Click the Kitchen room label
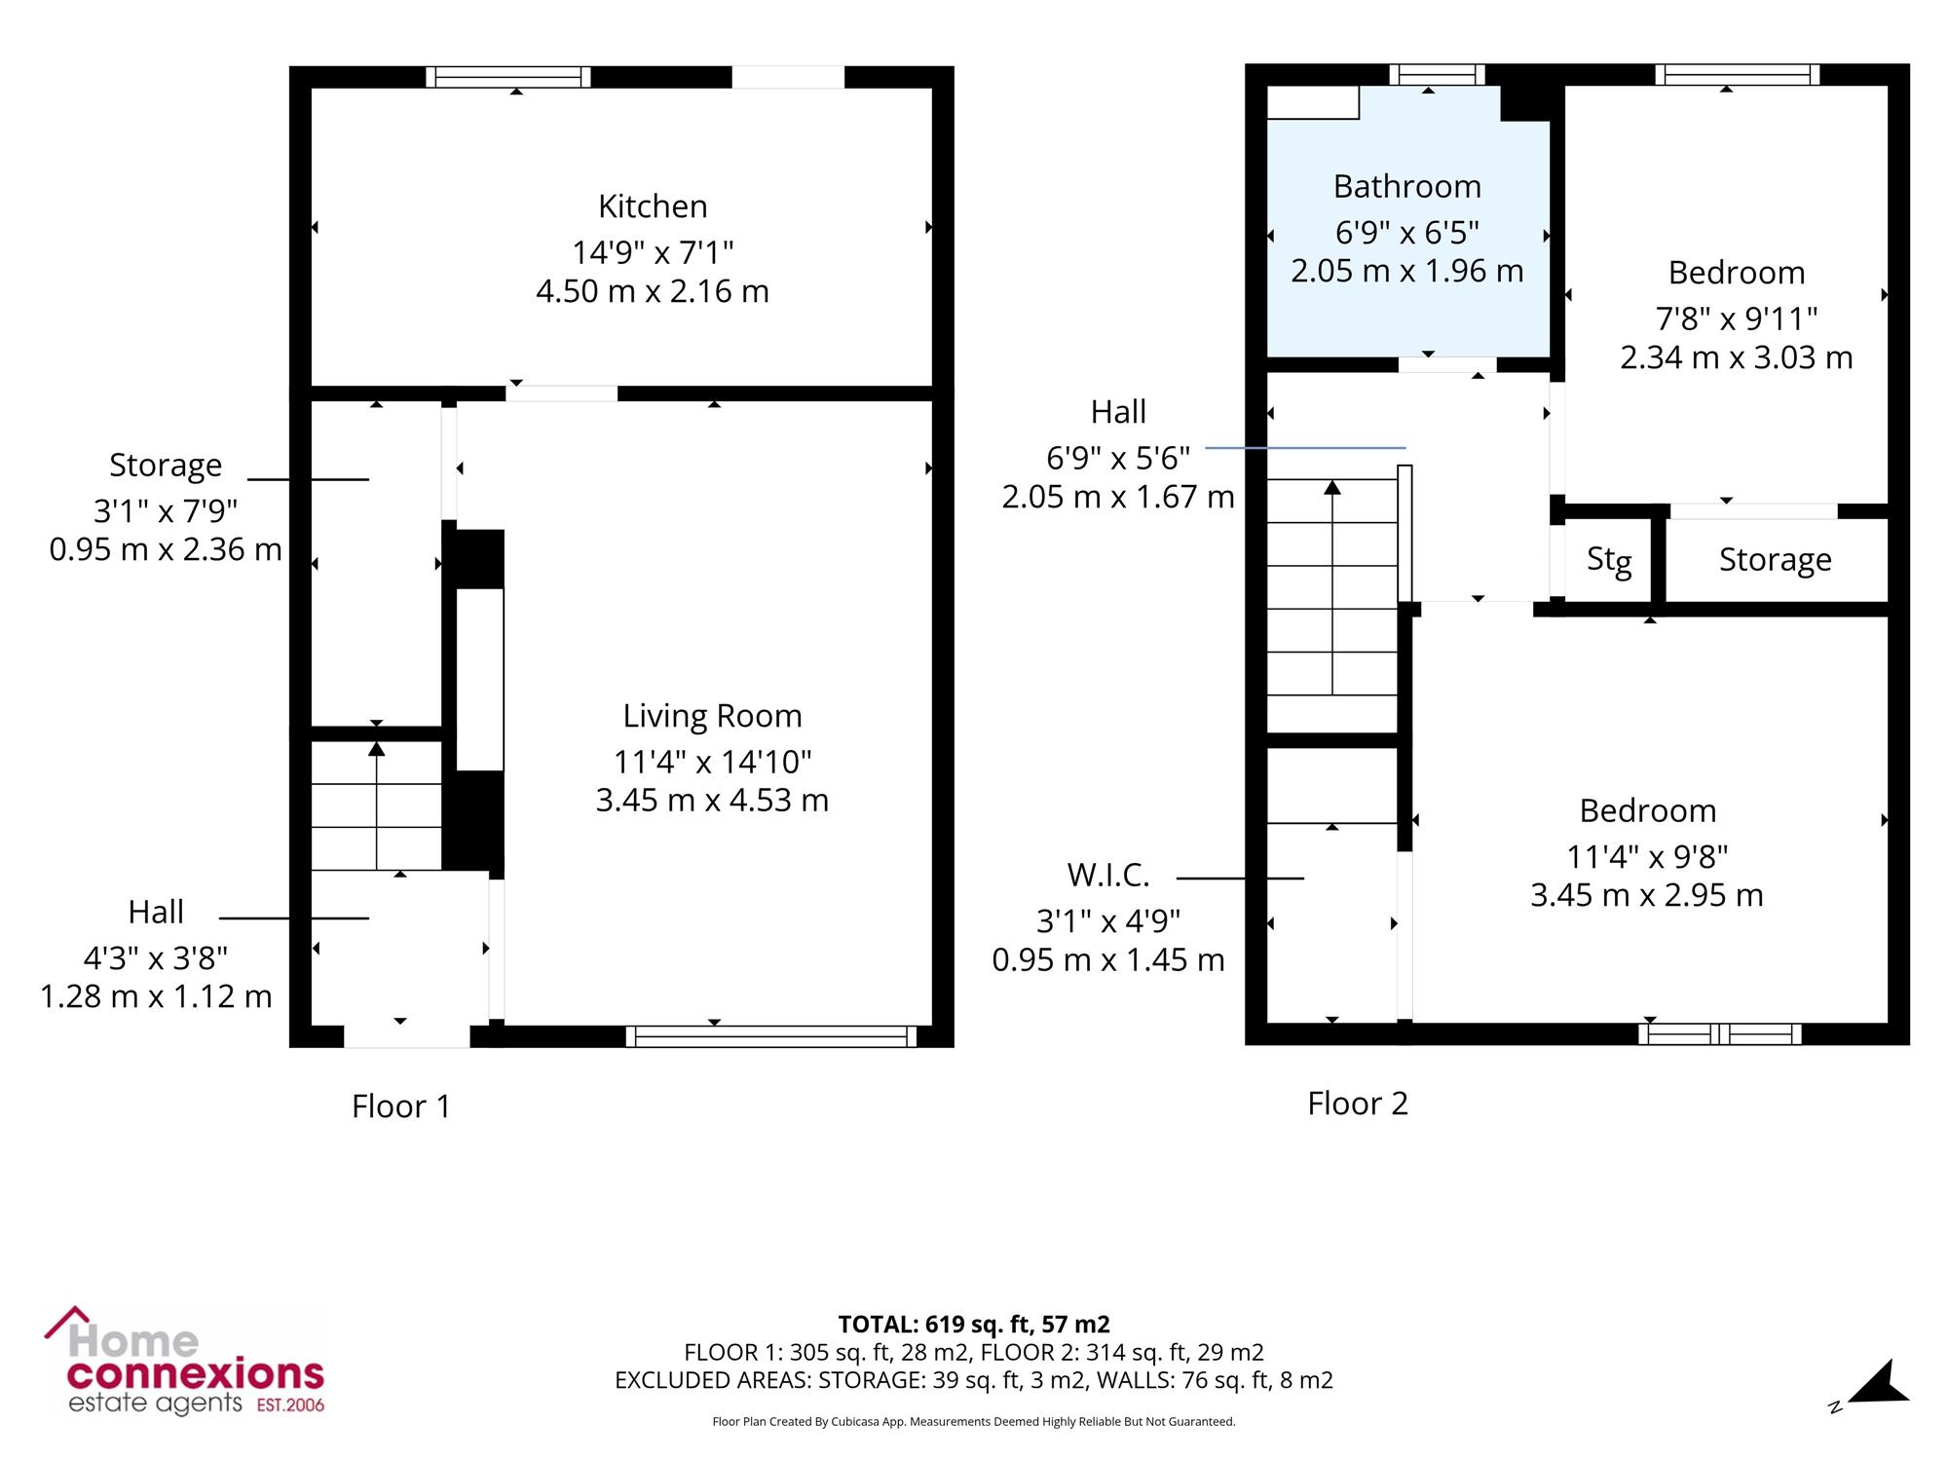pos(653,206)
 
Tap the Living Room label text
pos(712,716)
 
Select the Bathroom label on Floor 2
pos(1407,186)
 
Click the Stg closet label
pos(1609,560)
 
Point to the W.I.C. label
pos(1108,876)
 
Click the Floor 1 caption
pos(401,1106)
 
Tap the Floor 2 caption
pos(1358,1104)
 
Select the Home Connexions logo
pos(185,1361)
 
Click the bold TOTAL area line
pos(974,1325)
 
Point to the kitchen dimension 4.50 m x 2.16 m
pos(653,291)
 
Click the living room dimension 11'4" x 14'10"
pos(712,761)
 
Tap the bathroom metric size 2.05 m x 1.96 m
pos(1407,271)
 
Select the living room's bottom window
pos(770,1036)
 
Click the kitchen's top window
pos(508,77)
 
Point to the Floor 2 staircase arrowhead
pos(1332,487)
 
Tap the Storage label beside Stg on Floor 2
pos(1775,560)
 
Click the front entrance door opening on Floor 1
pos(407,1036)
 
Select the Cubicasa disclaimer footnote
pos(974,1422)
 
